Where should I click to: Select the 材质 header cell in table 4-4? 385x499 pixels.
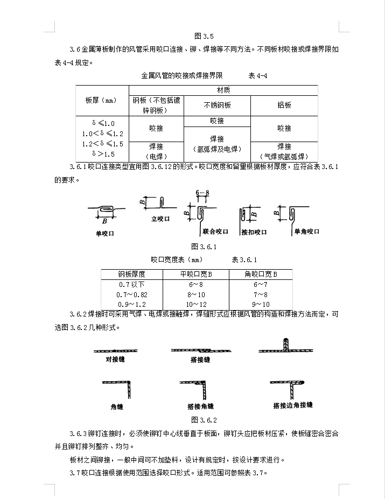point(223,90)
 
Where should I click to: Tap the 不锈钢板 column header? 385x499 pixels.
point(217,105)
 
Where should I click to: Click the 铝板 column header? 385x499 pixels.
point(284,105)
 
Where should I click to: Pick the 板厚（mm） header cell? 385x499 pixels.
point(101,100)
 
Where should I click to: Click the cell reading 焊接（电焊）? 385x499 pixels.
point(156,150)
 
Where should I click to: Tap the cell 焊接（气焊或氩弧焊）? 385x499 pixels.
point(284,150)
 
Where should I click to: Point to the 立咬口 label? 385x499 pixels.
point(160,219)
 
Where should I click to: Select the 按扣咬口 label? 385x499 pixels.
point(254,231)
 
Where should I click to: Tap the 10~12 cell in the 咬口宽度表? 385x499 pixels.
point(196,304)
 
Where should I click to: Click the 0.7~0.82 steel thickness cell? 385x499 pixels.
point(132,294)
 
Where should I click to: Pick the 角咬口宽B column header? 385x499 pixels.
point(261,275)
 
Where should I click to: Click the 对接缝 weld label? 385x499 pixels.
point(115,359)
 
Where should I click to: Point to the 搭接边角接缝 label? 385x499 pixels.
point(292,405)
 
